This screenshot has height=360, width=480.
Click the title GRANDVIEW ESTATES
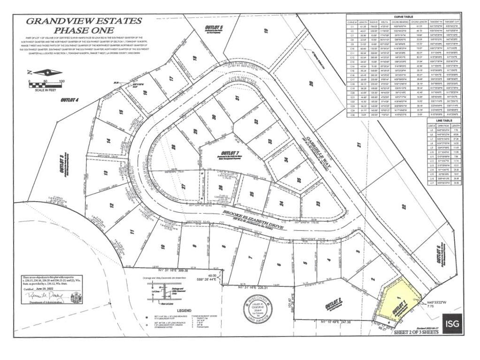83,21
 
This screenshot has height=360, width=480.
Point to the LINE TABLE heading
445,120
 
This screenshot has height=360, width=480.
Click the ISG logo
451,323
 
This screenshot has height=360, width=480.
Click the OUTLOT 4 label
70,100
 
